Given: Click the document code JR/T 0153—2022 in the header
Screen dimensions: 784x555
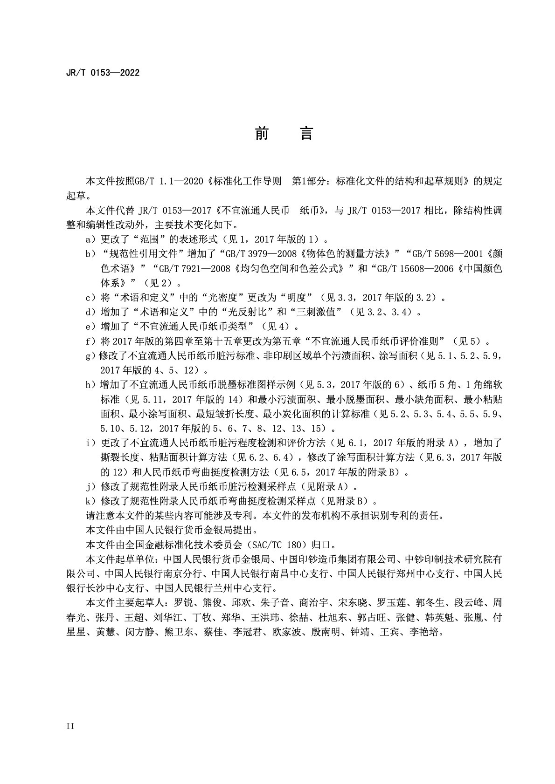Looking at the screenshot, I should click(x=103, y=73).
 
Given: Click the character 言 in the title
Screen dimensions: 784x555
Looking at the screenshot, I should click(x=306, y=134).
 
